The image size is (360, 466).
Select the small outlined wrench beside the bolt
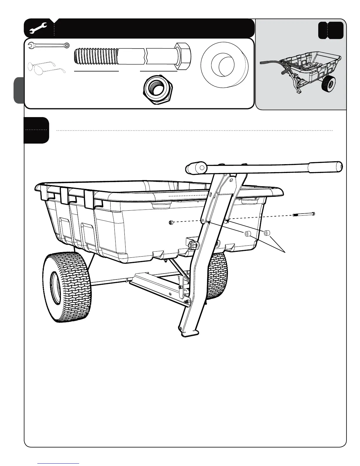click(x=49, y=45)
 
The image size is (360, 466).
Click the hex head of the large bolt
click(x=183, y=55)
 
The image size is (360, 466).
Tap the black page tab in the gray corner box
click(x=331, y=30)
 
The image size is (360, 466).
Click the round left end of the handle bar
click(x=196, y=168)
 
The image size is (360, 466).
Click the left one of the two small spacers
click(x=247, y=234)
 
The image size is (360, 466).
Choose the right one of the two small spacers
click(x=267, y=233)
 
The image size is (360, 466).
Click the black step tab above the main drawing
click(x=36, y=130)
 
